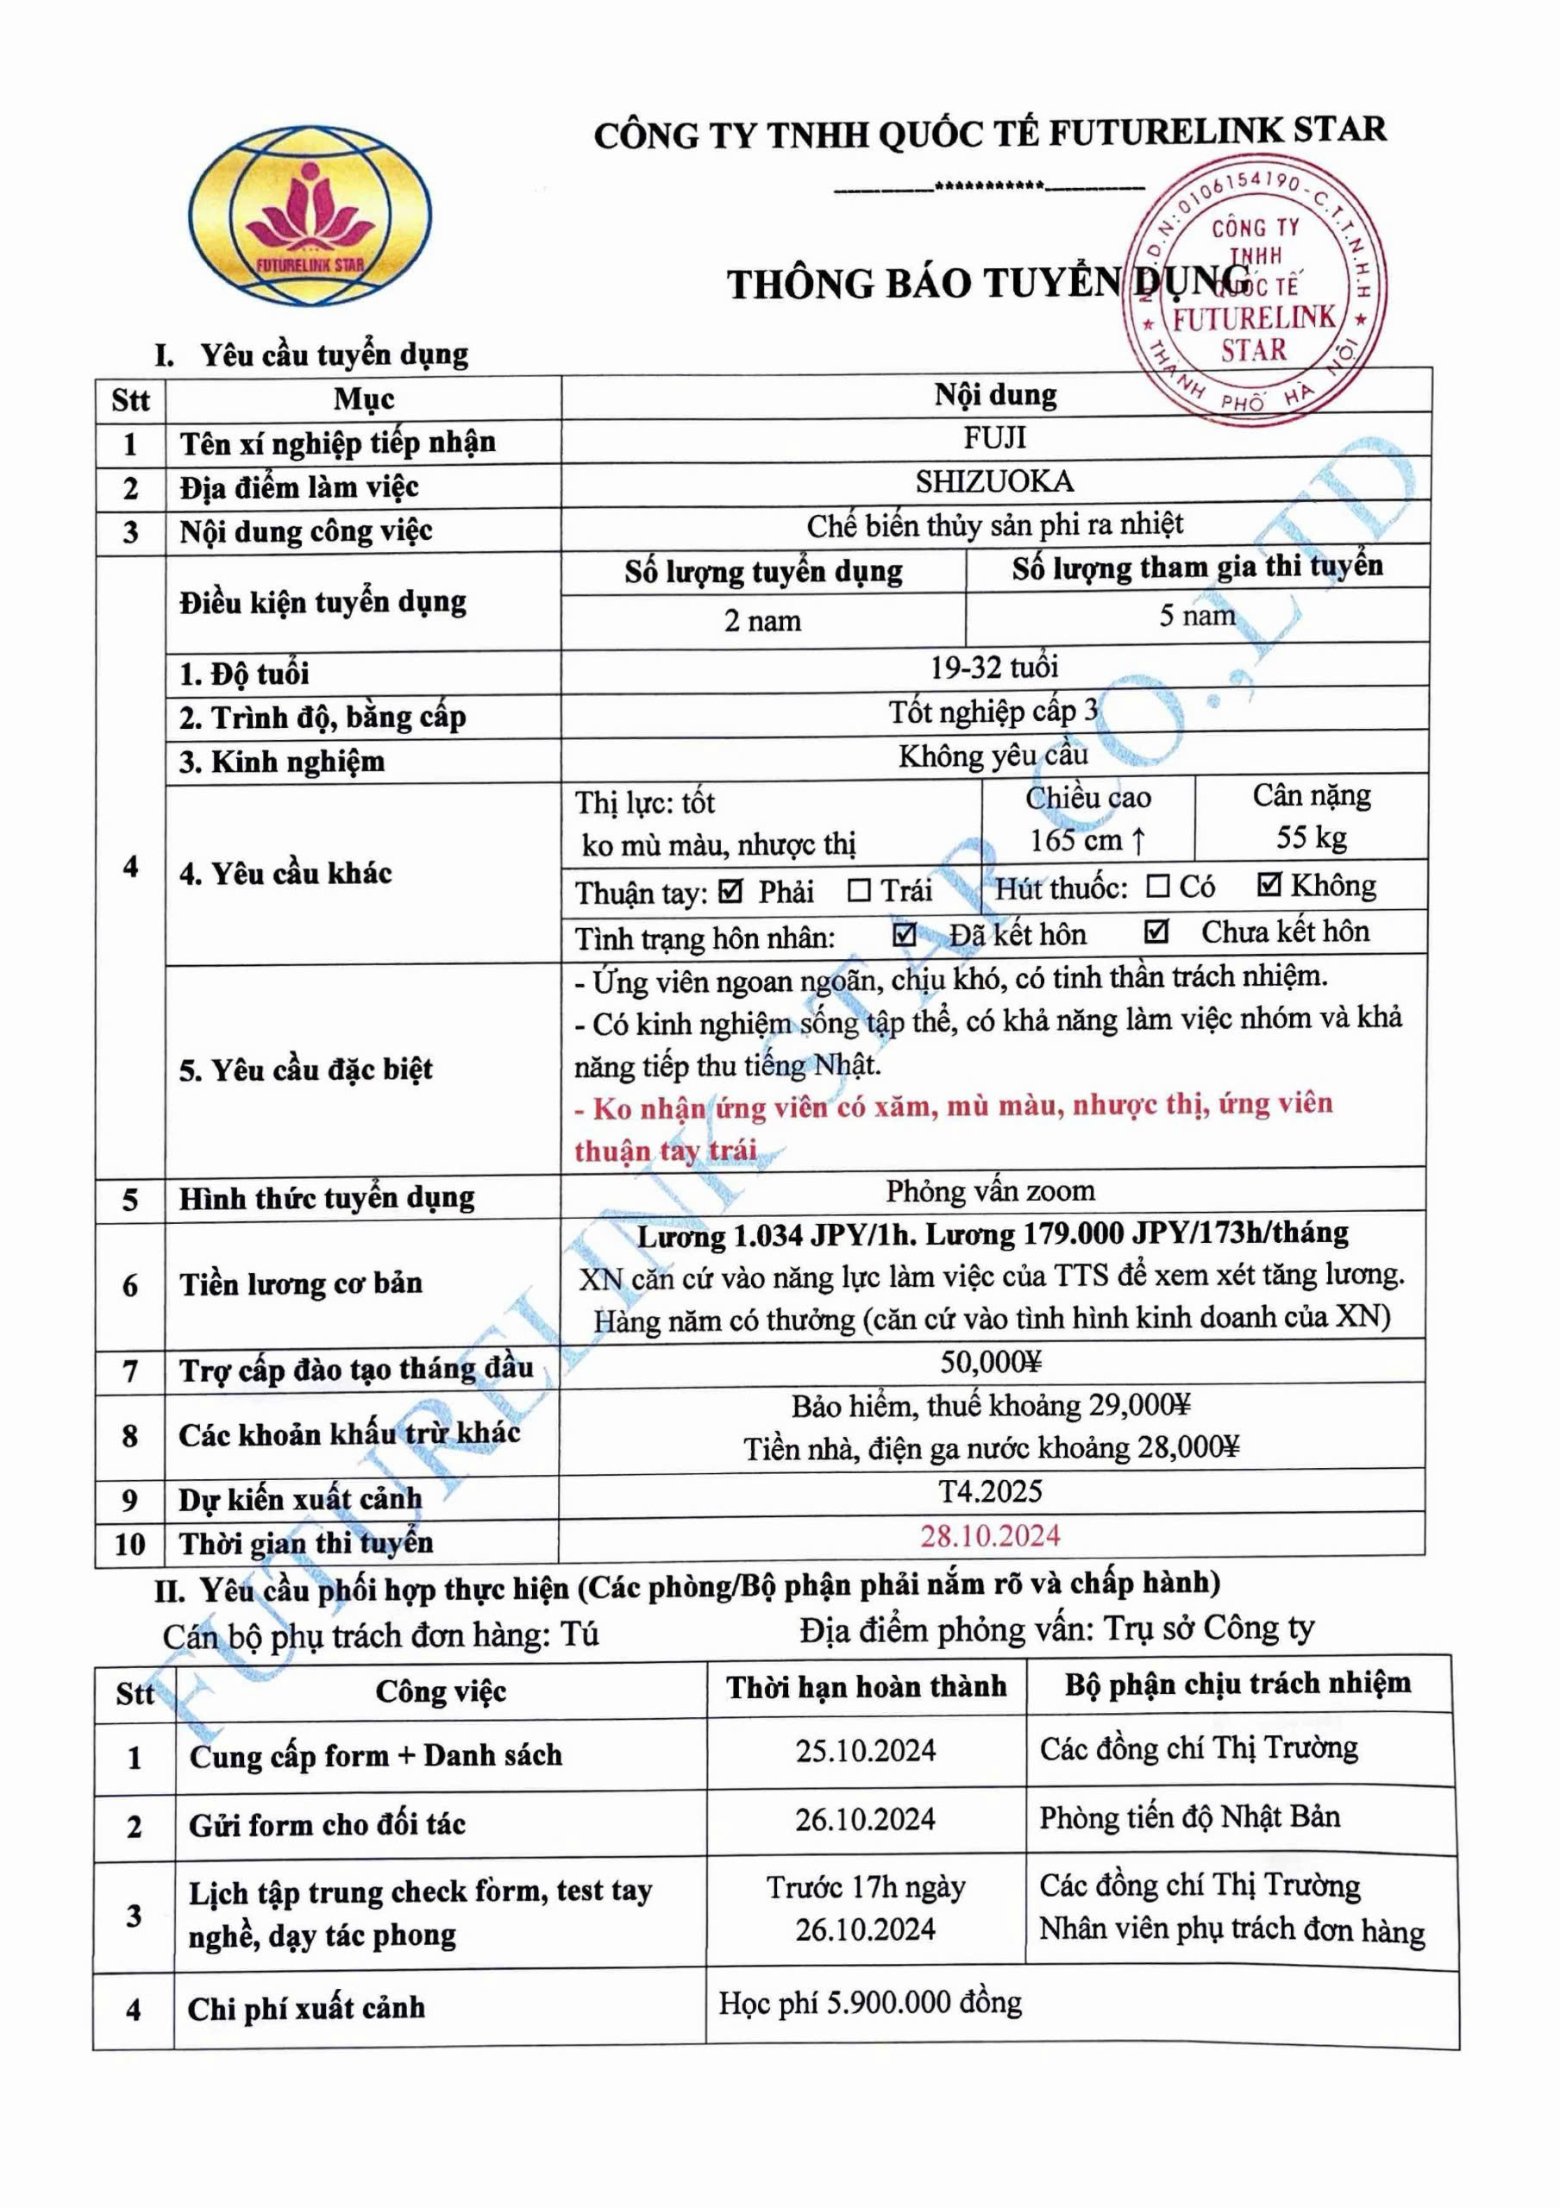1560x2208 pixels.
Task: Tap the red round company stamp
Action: pyautogui.click(x=1255, y=291)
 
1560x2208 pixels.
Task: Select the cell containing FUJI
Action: pyautogui.click(x=994, y=438)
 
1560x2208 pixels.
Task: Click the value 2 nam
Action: pyautogui.click(x=762, y=621)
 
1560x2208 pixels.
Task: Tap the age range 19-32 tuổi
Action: pyautogui.click(x=994, y=667)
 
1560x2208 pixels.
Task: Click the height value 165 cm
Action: pyautogui.click(x=1087, y=840)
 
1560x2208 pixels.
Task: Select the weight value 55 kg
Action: pyautogui.click(x=1311, y=837)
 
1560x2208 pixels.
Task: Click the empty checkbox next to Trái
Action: pyautogui.click(x=859, y=890)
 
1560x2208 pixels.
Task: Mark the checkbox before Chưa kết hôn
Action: pyautogui.click(x=1156, y=931)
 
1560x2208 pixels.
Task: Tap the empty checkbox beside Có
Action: pyautogui.click(x=1159, y=886)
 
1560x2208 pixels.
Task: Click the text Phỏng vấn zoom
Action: pyautogui.click(x=991, y=1190)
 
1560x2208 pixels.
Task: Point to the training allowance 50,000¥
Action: pyautogui.click(x=991, y=1362)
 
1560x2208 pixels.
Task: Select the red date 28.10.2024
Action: pyautogui.click(x=991, y=1535)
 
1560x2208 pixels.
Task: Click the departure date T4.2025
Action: pyautogui.click(x=991, y=1490)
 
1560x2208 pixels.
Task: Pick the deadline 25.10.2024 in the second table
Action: pyautogui.click(x=866, y=1750)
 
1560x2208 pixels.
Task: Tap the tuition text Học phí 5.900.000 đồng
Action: pyautogui.click(x=870, y=2002)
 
